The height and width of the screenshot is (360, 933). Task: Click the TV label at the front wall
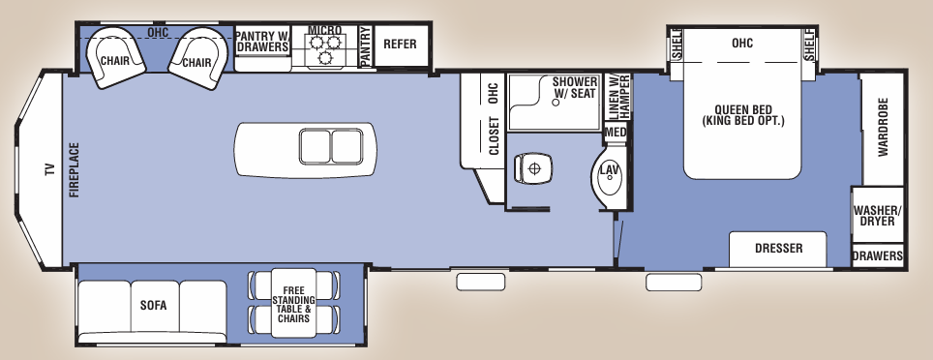49,169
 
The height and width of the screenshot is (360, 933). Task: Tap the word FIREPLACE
74,170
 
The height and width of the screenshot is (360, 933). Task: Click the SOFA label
153,306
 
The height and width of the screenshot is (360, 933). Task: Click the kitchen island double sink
329,147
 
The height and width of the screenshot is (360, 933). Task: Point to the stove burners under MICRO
324,51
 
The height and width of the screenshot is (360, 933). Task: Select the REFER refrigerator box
400,45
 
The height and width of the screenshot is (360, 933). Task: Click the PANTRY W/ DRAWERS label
262,41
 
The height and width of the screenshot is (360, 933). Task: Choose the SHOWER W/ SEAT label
575,88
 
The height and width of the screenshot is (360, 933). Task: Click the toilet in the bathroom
532,168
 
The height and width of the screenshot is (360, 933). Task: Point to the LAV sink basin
609,171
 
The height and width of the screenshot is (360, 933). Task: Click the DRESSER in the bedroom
778,249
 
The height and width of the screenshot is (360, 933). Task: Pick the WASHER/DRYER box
877,216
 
